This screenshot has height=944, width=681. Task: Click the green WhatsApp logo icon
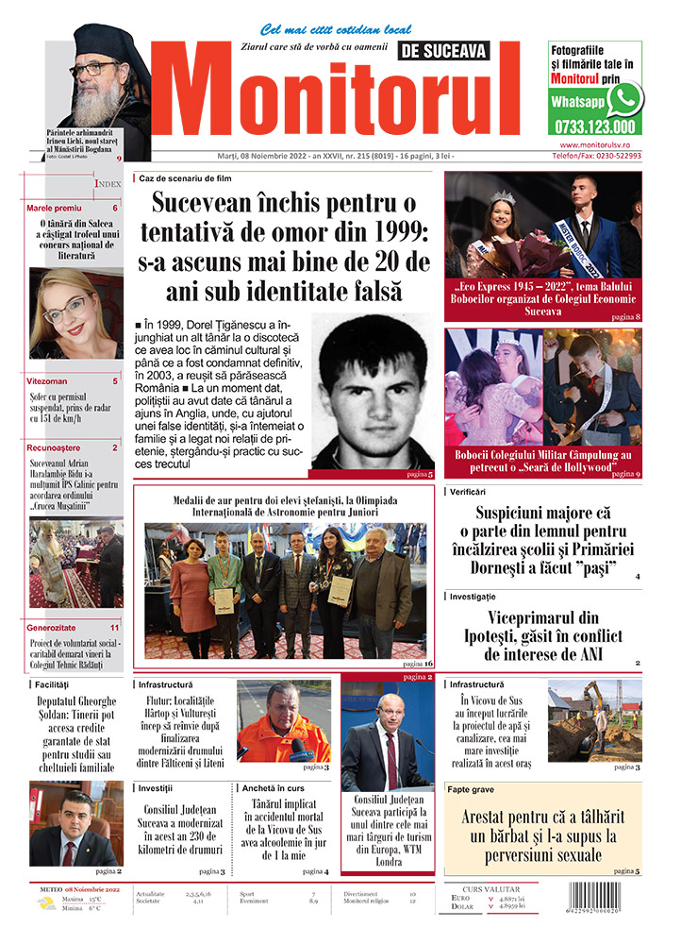coord(624,98)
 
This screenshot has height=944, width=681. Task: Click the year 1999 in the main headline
coord(390,231)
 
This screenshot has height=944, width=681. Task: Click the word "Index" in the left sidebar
coord(108,185)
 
